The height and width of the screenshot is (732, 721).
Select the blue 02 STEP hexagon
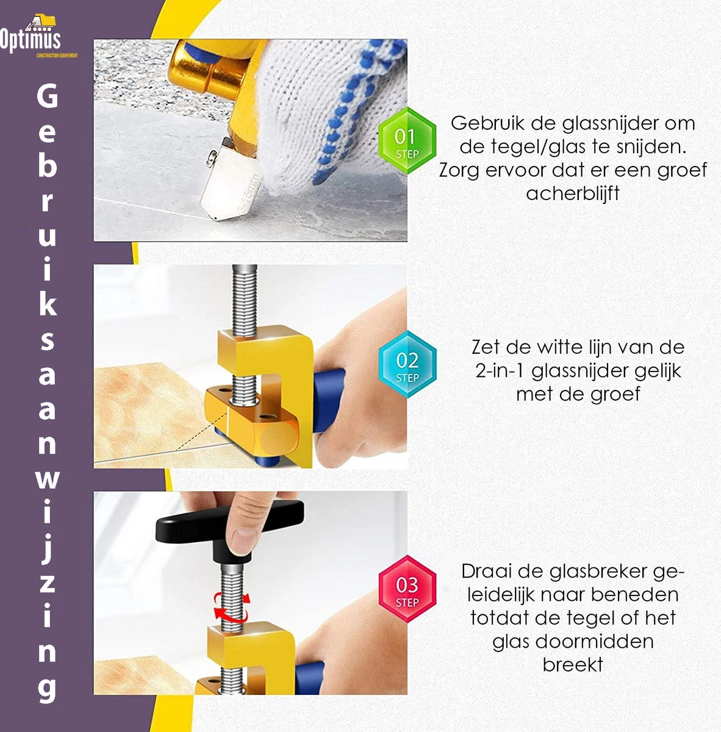click(407, 365)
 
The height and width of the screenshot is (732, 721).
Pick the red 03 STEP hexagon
click(407, 589)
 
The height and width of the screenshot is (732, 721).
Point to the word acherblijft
click(573, 193)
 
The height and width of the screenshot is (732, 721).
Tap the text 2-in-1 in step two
click(500, 371)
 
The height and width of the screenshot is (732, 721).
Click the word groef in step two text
click(615, 394)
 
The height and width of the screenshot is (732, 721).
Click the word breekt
click(573, 665)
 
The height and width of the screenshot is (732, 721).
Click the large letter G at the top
click(47, 96)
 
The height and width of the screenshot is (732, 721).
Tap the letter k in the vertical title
click(47, 303)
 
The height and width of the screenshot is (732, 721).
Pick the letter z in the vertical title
click(47, 583)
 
